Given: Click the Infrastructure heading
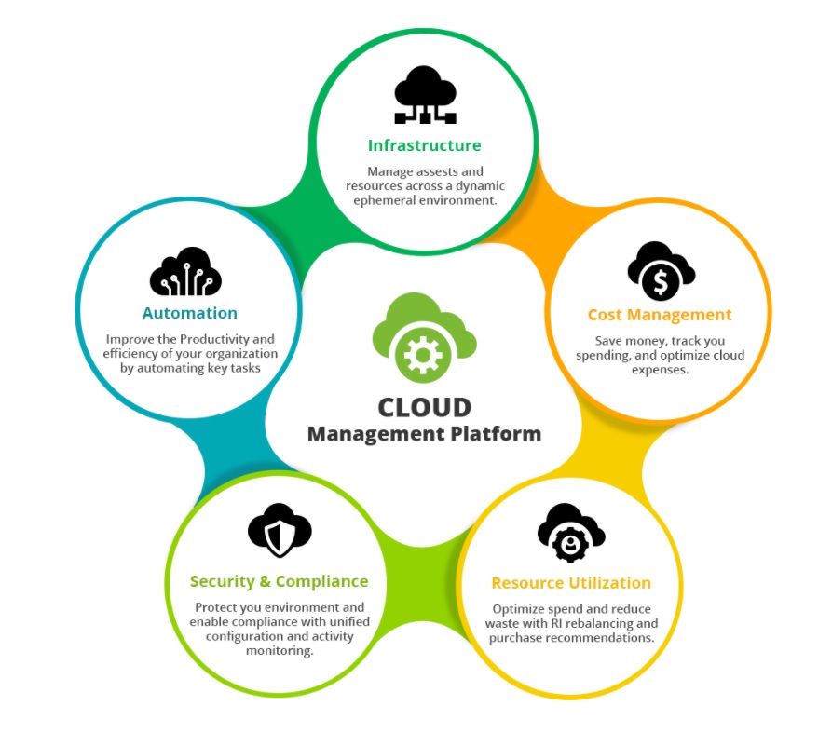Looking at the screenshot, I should pos(424,145).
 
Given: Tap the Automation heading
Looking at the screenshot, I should pos(189,313).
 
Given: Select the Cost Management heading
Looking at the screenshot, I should pos(660,315).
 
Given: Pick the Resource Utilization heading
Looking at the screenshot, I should pos(571,583).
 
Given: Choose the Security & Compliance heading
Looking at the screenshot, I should pos(279,581).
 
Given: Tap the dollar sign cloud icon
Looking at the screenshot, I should pos(661,271).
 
